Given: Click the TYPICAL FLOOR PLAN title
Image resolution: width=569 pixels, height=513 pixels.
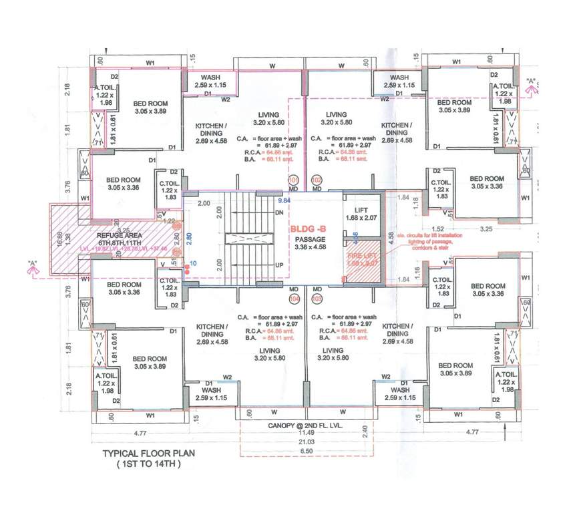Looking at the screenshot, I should [141, 453].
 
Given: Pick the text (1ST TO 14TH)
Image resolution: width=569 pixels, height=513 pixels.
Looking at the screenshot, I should [142, 464].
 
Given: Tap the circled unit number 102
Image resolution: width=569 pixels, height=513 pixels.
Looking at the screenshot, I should [317, 180].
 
